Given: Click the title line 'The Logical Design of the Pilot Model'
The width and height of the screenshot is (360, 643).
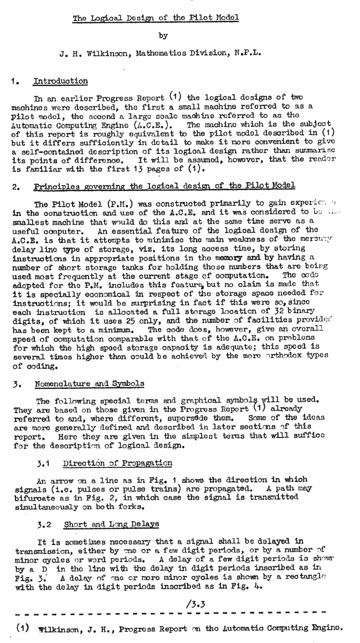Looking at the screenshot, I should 156,18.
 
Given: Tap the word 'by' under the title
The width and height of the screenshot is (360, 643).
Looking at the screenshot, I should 163,36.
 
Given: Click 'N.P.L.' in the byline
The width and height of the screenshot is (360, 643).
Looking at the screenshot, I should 248,54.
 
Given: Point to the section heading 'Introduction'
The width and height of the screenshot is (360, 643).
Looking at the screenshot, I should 60,81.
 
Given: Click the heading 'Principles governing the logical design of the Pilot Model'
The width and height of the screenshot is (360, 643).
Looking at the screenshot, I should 164,186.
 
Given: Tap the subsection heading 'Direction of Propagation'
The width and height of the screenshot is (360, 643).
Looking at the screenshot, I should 117,463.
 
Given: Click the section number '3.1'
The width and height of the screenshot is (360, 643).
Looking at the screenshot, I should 43,463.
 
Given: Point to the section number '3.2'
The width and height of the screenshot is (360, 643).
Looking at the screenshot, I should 44,524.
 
